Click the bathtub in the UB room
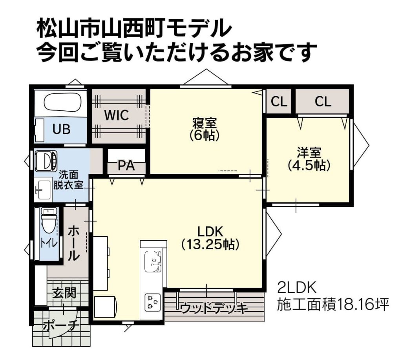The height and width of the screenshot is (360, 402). tap(63, 102)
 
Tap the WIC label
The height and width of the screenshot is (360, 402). tap(116, 115)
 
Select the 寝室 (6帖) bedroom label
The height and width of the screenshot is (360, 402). tap(205, 129)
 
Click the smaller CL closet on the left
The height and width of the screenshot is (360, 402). tap(279, 102)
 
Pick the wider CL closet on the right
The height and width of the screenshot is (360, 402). tap(323, 102)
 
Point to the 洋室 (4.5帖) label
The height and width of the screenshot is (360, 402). tap(309, 159)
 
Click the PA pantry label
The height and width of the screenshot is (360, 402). tap(126, 166)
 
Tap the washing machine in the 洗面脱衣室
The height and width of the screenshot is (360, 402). tap(46, 161)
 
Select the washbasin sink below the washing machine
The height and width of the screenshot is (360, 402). tap(43, 189)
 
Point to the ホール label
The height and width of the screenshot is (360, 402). tap(73, 243)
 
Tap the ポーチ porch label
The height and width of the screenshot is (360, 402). tap(60, 325)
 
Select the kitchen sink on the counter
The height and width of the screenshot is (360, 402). tap(153, 261)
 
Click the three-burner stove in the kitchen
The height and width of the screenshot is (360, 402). tap(153, 302)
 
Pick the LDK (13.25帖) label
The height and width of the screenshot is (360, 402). tap(210, 238)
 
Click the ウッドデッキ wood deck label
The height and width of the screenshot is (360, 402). tap(214, 308)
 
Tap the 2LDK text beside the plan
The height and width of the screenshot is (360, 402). tap(297, 287)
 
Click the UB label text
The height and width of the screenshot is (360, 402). tap(61, 129)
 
